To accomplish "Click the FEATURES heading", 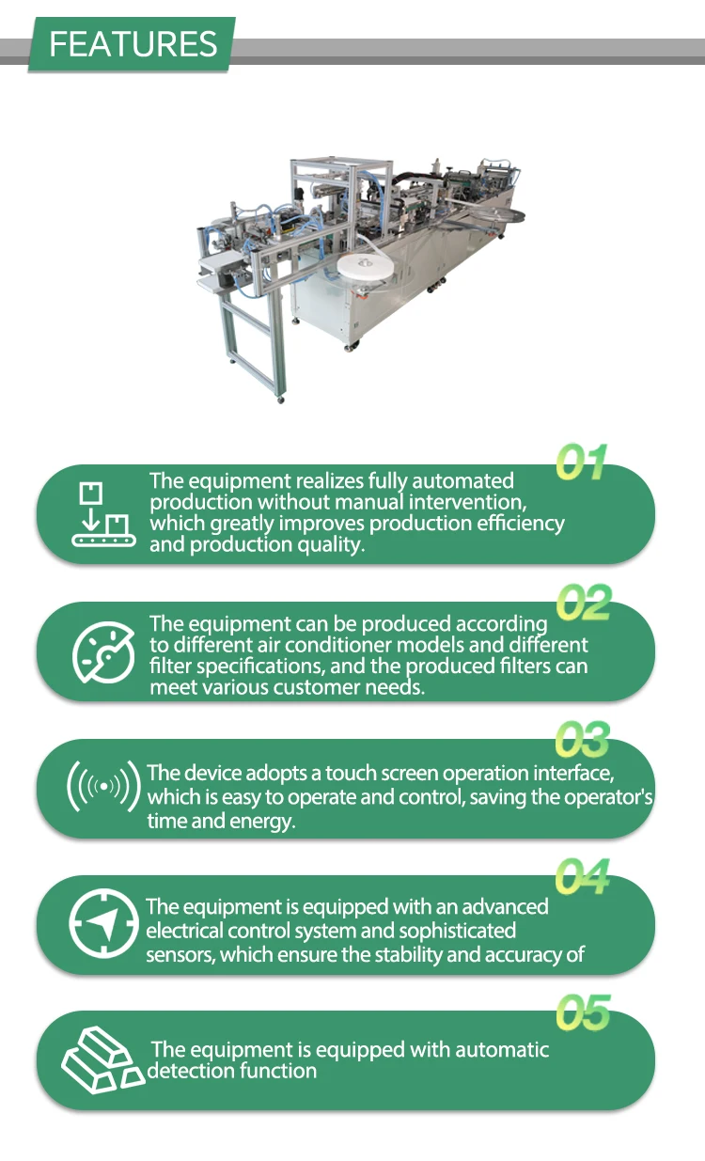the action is pos(133,44).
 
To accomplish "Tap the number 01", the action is pos(581,463).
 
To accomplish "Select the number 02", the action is pos(584,603).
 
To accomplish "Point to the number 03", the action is pos(582,740).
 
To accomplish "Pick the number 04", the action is pos(582,876).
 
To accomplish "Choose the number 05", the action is pos(583,1013).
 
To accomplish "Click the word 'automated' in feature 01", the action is pos(465,481).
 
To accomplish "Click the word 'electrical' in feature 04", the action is pos(184,932).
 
